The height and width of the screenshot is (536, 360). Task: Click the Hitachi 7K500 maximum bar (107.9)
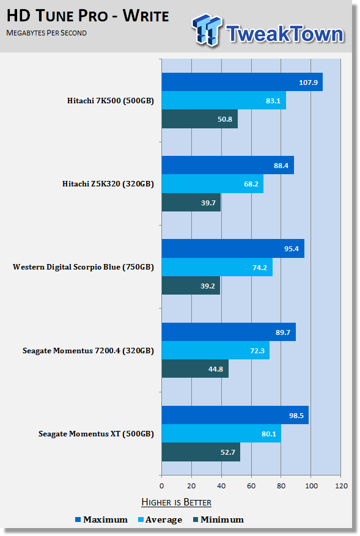tap(242, 82)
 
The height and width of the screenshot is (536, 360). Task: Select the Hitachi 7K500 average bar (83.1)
tap(224, 100)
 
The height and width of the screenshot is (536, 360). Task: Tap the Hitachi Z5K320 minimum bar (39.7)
tap(191, 202)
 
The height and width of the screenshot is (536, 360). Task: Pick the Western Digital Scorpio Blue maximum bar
tap(233, 249)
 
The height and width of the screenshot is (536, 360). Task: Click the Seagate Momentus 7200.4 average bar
tap(216, 350)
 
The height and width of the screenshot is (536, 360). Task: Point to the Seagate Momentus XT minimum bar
tap(201, 452)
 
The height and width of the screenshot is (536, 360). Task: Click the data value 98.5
tap(296, 416)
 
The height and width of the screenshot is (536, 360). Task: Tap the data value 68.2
tap(251, 184)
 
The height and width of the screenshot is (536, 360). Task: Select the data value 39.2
tap(208, 286)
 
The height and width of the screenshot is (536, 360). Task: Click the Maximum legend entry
tap(101, 519)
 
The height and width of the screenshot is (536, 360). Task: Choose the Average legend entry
tap(160, 519)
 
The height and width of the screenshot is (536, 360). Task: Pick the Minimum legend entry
tap(218, 519)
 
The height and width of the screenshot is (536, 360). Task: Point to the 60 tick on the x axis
tap(251, 486)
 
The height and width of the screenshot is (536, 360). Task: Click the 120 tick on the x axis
tap(342, 486)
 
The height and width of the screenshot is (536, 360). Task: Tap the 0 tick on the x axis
tap(162, 486)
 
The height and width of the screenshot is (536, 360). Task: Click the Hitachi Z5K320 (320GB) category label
tap(108, 184)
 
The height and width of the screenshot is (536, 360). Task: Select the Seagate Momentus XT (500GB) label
tap(96, 434)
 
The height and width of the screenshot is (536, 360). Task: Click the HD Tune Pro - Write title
tap(88, 16)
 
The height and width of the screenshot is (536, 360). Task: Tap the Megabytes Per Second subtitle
tap(46, 33)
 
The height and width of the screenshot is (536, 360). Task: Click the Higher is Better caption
tap(177, 502)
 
